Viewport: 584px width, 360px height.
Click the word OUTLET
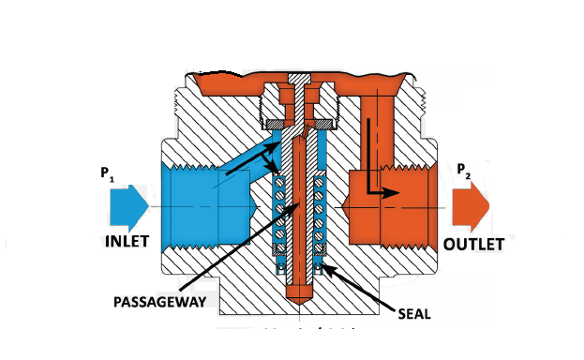click(474, 244)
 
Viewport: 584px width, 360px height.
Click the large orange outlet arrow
click(469, 204)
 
